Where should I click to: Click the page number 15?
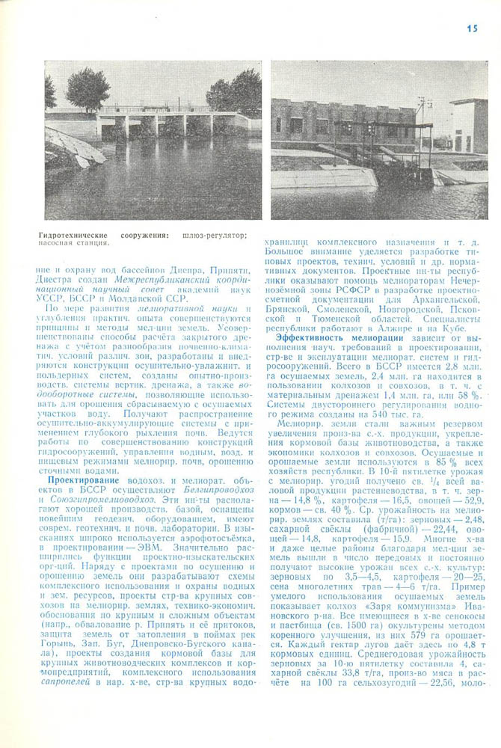471,28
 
